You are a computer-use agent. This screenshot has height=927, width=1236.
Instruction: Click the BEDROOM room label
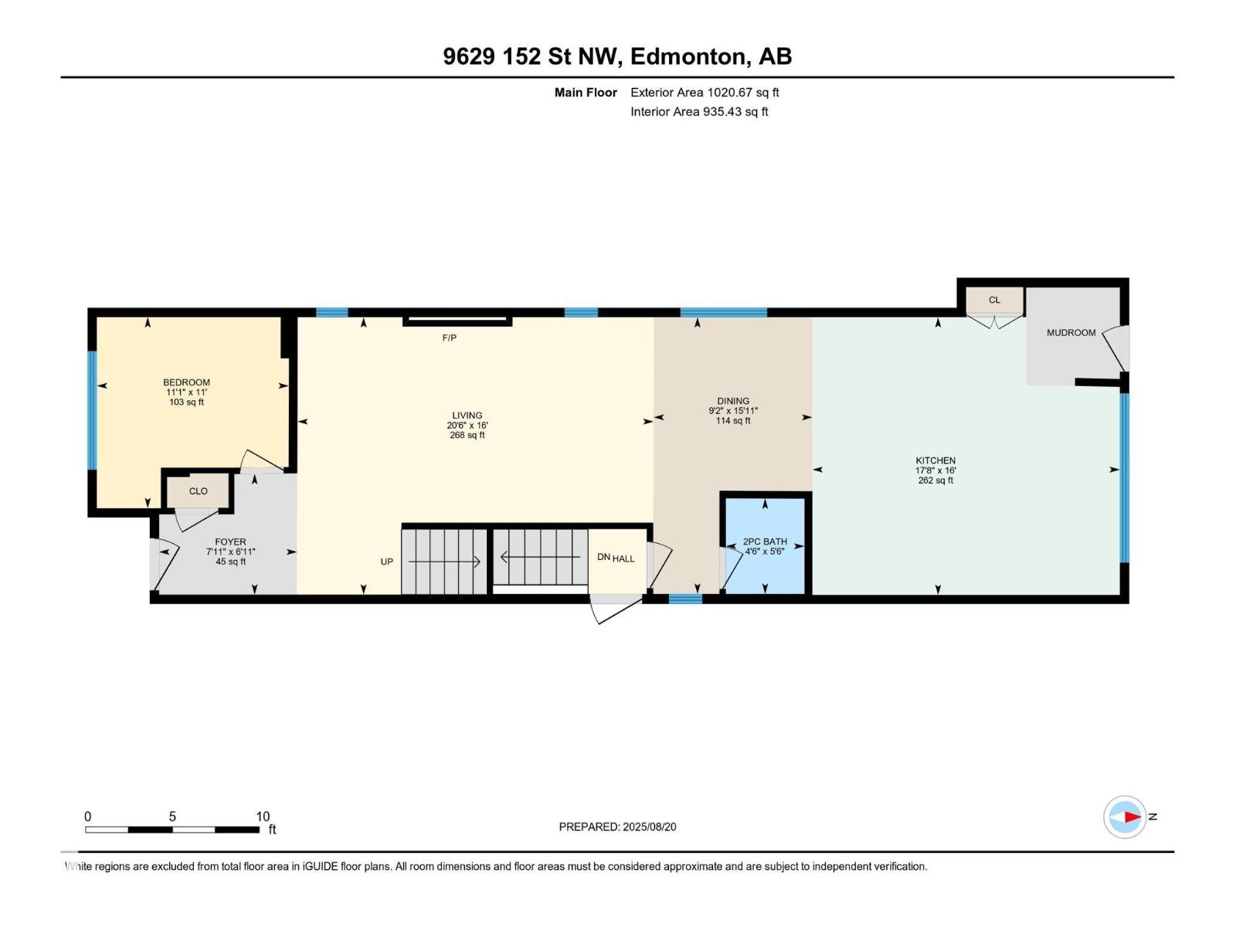[186, 382]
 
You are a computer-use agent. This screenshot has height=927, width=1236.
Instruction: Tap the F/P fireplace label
[450, 338]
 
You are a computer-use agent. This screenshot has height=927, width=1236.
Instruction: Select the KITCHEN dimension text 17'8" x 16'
[935, 470]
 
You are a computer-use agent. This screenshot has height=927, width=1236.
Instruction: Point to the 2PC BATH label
[765, 542]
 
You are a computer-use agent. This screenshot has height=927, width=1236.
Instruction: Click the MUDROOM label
[1071, 333]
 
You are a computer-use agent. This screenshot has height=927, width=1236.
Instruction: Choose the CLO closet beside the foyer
[199, 491]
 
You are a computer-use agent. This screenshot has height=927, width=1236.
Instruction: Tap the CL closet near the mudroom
[994, 300]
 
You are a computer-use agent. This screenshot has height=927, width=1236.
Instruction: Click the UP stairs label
[387, 562]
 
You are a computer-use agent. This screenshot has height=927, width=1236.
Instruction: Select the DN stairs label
[603, 557]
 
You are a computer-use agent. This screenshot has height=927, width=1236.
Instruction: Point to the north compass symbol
[1125, 817]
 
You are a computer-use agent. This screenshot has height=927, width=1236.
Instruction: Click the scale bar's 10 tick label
[263, 816]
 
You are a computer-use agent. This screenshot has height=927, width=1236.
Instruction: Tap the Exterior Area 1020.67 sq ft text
[705, 92]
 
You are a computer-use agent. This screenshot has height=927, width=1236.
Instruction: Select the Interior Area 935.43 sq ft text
[699, 111]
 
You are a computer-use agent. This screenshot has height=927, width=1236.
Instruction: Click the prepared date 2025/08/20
[649, 827]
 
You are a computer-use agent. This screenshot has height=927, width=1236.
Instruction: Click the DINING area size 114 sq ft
[733, 420]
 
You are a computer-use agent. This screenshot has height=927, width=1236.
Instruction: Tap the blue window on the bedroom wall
[92, 410]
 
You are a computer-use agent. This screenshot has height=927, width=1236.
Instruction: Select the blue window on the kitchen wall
[1124, 478]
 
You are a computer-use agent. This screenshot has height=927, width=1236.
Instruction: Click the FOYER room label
[230, 542]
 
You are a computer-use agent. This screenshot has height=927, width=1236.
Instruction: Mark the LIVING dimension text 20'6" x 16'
[467, 426]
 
